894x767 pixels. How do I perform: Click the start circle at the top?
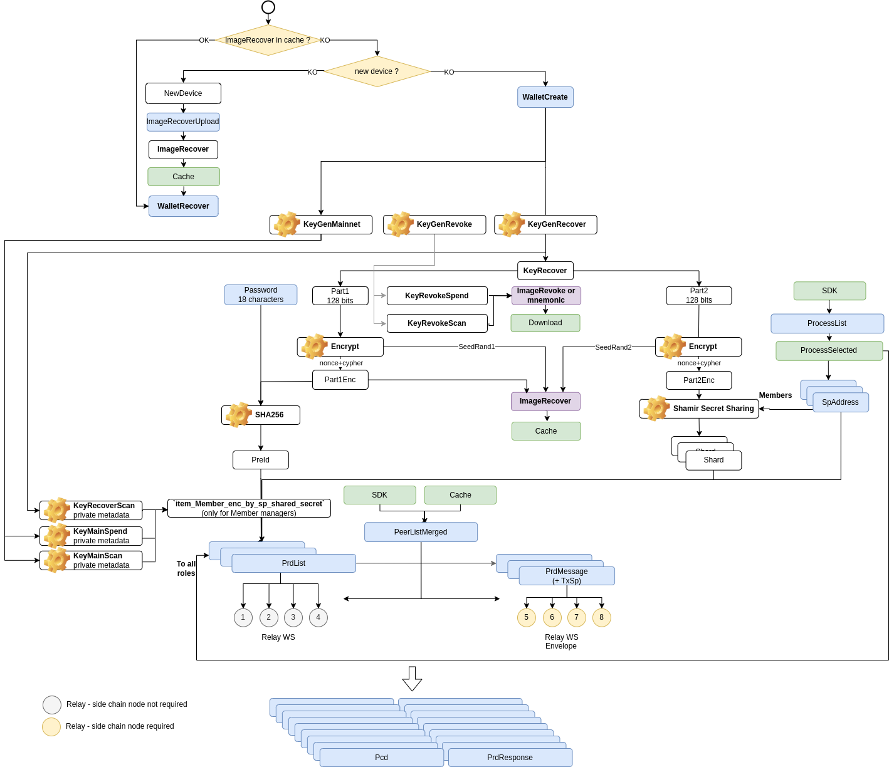pyautogui.click(x=268, y=7)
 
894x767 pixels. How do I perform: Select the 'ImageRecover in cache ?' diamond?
pyautogui.click(x=268, y=40)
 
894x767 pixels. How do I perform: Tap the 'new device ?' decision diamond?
pyautogui.click(x=377, y=71)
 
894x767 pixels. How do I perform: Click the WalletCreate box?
pyautogui.click(x=545, y=97)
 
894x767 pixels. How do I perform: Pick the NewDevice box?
pyautogui.click(x=183, y=93)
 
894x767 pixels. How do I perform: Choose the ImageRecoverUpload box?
pyautogui.click(x=183, y=122)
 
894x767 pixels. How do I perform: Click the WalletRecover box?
pyautogui.click(x=184, y=206)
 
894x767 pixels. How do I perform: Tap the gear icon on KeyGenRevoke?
pyautogui.click(x=400, y=224)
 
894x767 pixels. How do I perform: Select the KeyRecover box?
pyautogui.click(x=545, y=271)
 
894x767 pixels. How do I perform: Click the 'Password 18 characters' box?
pyautogui.click(x=260, y=295)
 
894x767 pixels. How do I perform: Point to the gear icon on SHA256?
pyautogui.click(x=238, y=415)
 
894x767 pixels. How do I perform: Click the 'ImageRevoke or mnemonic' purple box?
pyautogui.click(x=546, y=296)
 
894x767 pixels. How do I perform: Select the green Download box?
pyautogui.click(x=545, y=323)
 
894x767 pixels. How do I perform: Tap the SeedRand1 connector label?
pyautogui.click(x=476, y=347)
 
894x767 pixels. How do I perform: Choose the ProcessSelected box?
pyautogui.click(x=829, y=351)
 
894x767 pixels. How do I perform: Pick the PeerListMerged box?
pyautogui.click(x=421, y=532)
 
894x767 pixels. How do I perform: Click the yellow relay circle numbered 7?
pyautogui.click(x=576, y=617)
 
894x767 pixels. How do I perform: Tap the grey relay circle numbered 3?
pyautogui.click(x=293, y=617)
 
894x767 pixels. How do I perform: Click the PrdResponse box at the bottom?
pyautogui.click(x=510, y=758)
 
